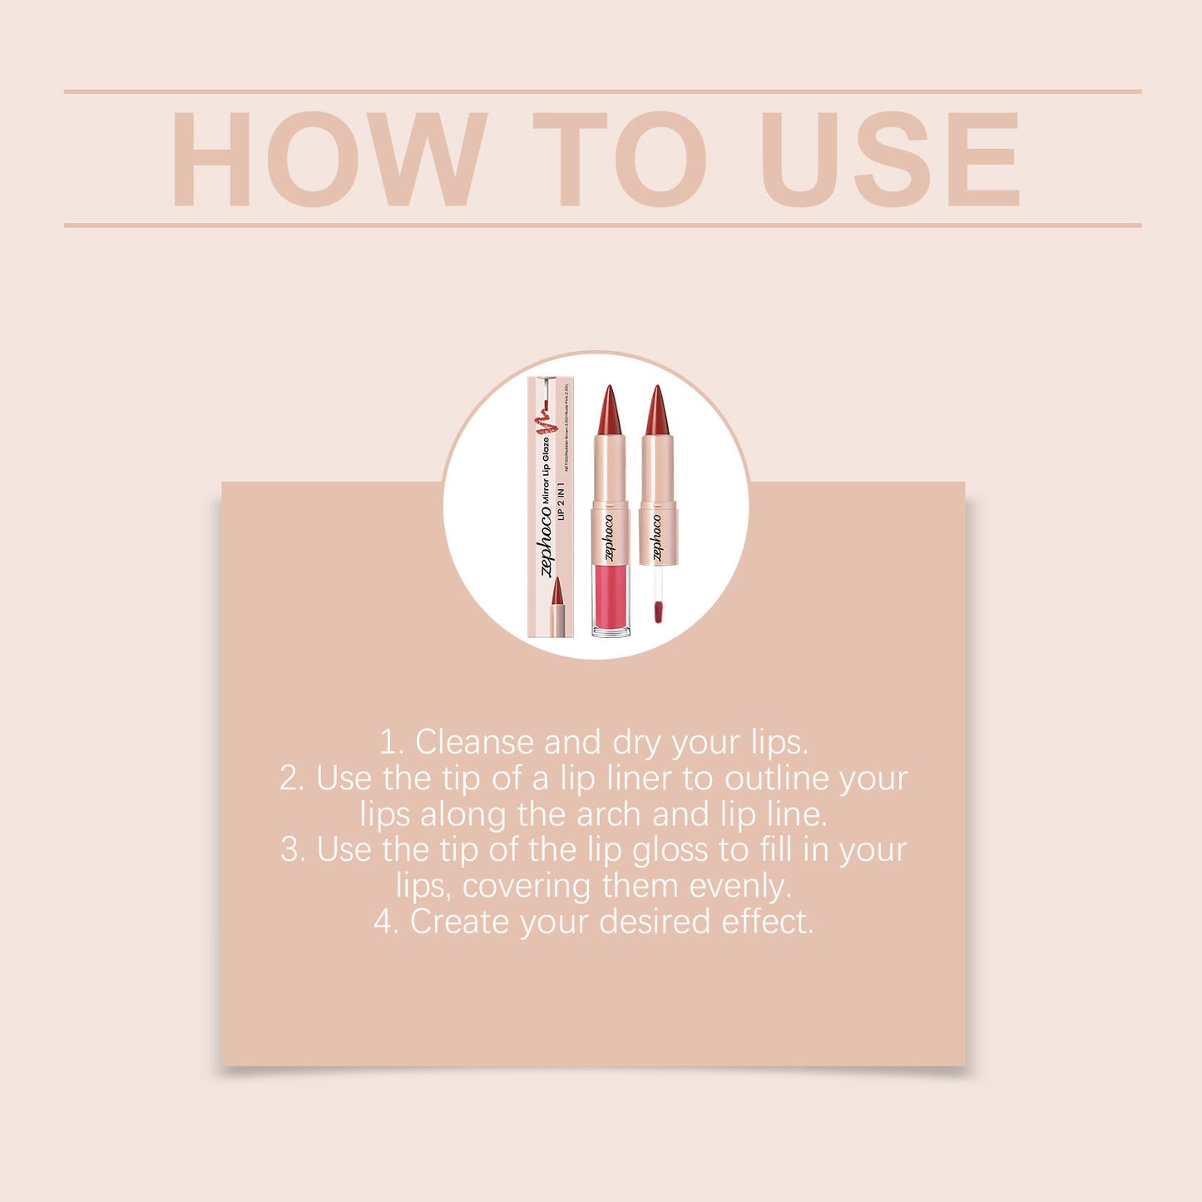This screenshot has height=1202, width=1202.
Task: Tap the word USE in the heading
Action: coord(888,158)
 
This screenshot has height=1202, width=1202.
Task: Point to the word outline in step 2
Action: coord(777,779)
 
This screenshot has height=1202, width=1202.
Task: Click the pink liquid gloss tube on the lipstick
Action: coord(611,597)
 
